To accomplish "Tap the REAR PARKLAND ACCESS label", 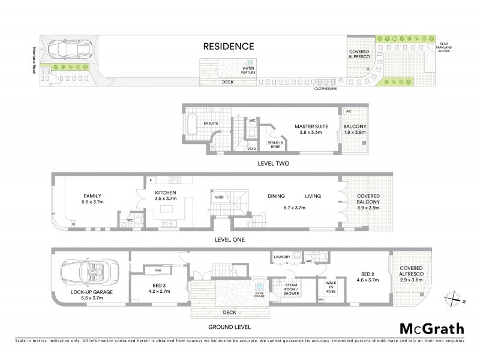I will click(443, 47).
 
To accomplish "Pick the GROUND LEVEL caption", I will click(229, 327).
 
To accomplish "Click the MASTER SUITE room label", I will click(309, 130).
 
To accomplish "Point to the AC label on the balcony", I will click(348, 112).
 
